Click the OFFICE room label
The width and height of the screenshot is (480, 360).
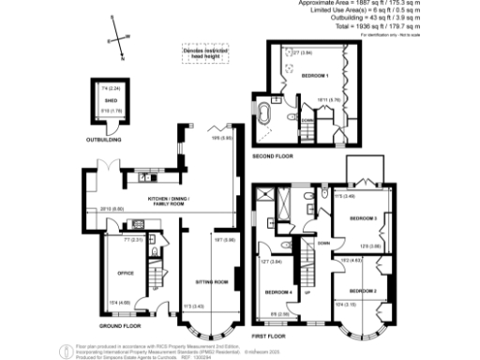coord(127,273)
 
